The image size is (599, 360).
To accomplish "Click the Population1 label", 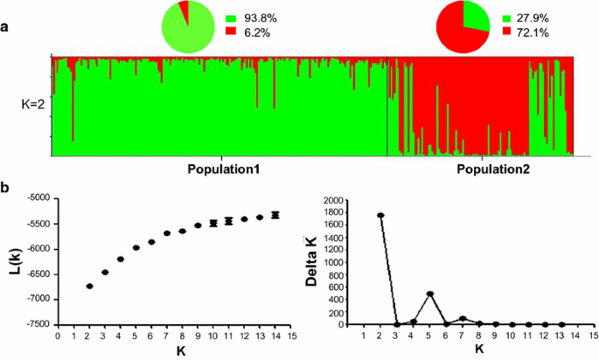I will coord(223,168).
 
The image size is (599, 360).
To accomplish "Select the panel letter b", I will coord(6,188).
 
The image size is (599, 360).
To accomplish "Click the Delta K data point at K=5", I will coord(429,294).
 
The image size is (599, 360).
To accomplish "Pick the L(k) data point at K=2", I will coord(89,286).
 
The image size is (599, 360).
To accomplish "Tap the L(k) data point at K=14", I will coord(275,215).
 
